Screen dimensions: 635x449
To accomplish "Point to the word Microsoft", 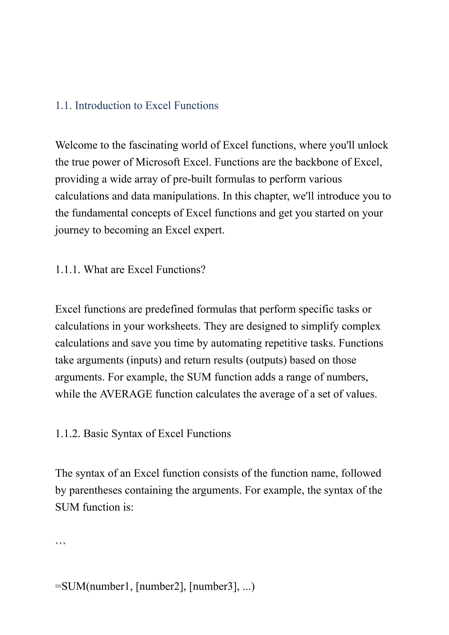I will (x=158, y=162).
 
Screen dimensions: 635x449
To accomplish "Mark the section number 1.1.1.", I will (x=68, y=270).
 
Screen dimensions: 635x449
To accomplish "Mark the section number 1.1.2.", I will (x=68, y=434).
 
